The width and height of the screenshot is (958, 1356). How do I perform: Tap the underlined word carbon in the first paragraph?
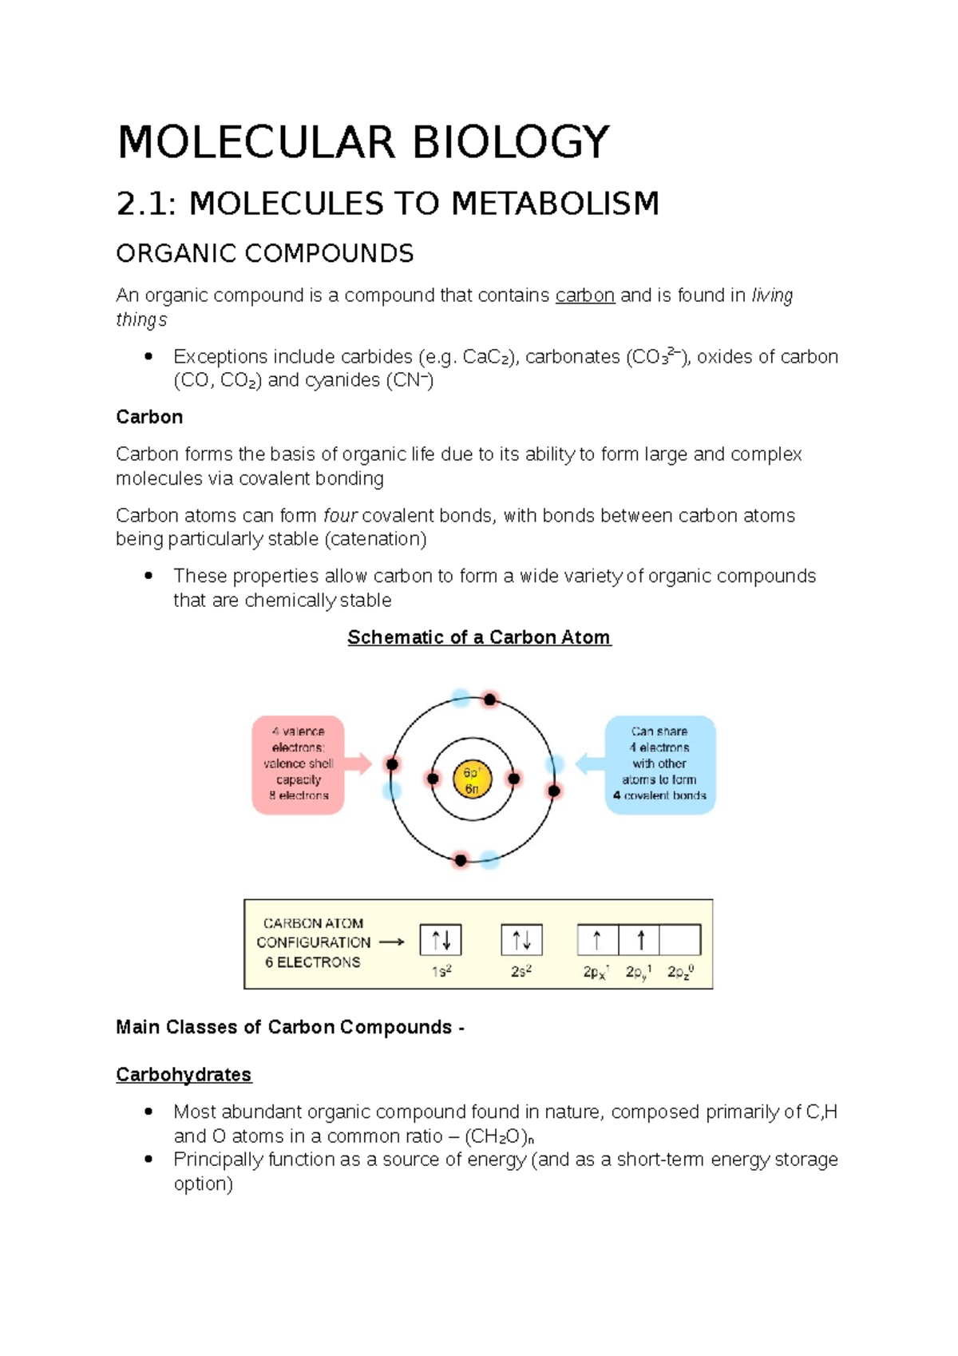coord(584,295)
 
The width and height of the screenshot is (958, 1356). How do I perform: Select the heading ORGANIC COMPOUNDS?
coord(264,254)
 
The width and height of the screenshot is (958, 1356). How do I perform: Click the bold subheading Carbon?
coord(149,417)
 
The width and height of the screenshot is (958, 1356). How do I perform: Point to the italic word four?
coord(340,516)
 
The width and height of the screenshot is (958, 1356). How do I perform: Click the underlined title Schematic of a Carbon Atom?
coord(479,637)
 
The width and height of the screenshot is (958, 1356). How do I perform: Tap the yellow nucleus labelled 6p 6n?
coord(472,779)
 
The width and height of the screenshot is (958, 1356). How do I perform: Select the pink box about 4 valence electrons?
coord(298,764)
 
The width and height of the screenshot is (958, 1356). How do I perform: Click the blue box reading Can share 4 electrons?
coord(659,764)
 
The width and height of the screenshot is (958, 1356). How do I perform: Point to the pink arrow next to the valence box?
coord(359,763)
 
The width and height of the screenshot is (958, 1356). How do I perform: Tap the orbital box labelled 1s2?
coord(441,940)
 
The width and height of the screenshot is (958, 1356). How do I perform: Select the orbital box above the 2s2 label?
coord(521,940)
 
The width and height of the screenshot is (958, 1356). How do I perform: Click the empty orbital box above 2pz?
coord(680,940)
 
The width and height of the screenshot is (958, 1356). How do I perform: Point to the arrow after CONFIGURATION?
coord(391,942)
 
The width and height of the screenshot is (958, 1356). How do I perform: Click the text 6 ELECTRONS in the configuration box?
coord(313,963)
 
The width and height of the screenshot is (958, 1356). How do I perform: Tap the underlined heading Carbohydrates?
coord(184,1075)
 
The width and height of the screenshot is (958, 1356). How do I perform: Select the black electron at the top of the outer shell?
coord(490,700)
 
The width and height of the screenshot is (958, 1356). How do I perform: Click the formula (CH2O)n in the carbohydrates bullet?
coord(499,1136)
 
